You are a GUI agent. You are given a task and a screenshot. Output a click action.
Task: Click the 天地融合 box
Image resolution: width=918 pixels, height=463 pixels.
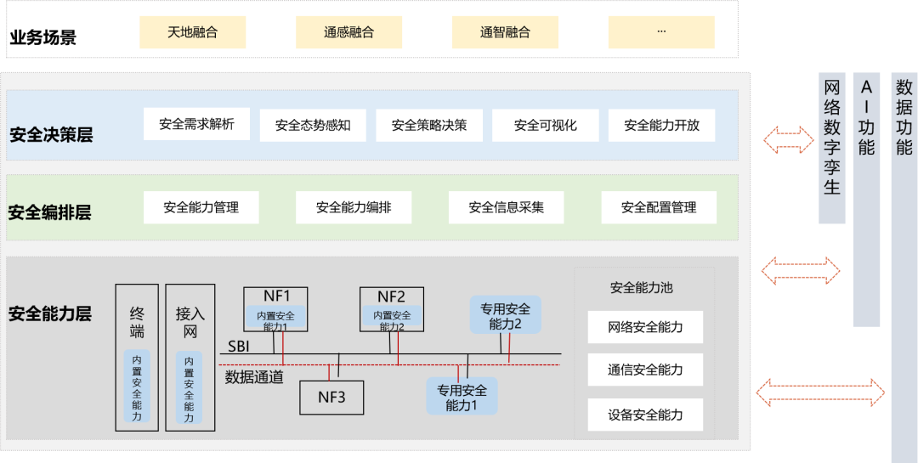193,32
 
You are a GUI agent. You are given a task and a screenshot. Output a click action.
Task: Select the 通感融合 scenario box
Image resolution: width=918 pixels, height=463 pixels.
349,32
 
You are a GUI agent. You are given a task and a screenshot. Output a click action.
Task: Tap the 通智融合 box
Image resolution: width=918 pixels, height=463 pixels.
505,32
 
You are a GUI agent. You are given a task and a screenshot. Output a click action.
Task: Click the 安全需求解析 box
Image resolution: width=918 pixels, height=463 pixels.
196,124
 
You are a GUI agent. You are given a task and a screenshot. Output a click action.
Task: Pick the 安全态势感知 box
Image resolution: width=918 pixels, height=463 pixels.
313,125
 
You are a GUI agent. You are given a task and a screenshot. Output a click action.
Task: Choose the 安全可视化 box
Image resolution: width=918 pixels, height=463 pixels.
546,125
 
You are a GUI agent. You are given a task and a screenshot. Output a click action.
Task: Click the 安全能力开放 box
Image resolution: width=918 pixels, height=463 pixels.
661,125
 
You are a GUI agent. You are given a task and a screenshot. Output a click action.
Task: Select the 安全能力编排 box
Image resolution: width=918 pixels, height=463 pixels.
354,207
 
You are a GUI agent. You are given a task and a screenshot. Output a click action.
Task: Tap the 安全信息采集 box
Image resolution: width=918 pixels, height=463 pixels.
507,207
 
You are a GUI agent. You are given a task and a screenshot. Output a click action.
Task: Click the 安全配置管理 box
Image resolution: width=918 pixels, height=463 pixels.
659,207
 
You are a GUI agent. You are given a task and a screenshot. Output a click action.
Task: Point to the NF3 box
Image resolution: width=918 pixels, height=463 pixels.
332,398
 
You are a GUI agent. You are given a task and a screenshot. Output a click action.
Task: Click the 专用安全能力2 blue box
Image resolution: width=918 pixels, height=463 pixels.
505,315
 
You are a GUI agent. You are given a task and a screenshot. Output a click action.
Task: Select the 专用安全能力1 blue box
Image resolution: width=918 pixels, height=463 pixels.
462,396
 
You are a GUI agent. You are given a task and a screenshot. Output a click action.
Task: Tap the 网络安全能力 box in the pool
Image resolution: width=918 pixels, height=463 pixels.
645,327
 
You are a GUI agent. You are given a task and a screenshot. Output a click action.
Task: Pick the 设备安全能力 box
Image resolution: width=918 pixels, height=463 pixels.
645,415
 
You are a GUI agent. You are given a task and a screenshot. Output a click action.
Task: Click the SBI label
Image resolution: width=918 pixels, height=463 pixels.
239,347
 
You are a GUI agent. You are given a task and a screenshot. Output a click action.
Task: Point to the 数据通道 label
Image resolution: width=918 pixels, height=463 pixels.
254,377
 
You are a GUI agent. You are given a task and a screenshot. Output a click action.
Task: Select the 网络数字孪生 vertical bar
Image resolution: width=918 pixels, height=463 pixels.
832,149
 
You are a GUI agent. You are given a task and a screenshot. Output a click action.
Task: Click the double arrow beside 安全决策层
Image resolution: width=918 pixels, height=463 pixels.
789,140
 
